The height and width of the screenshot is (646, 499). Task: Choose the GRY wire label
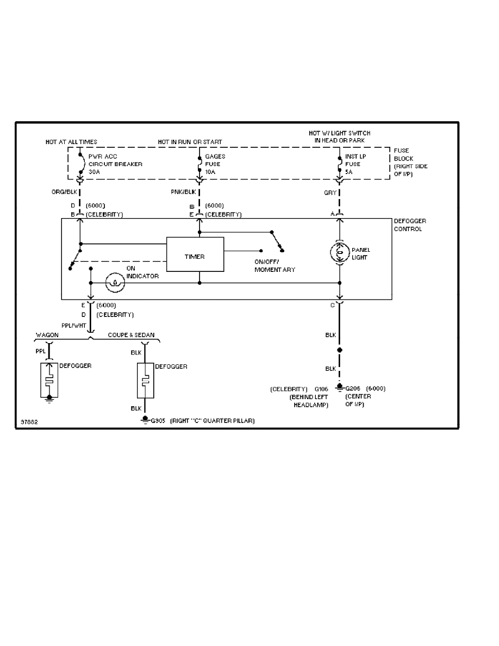pyautogui.click(x=330, y=192)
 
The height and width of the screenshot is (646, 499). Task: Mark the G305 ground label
pyautogui.click(x=158, y=420)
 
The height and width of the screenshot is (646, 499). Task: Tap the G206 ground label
pyautogui.click(x=354, y=388)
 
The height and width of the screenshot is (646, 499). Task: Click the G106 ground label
pyautogui.click(x=322, y=389)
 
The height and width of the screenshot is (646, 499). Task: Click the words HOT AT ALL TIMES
pyautogui.click(x=71, y=142)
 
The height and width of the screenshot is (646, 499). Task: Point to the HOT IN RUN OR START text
pyautogui.click(x=190, y=142)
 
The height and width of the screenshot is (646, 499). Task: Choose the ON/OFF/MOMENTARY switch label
pyautogui.click(x=275, y=266)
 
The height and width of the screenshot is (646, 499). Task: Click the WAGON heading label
pyautogui.click(x=47, y=335)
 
